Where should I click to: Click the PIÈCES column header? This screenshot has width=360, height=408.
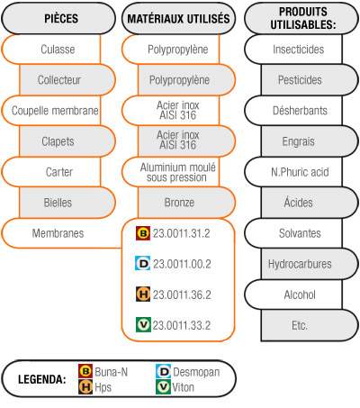(61, 19)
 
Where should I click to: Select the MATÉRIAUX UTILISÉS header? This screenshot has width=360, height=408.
(178, 19)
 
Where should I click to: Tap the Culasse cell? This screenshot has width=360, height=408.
(58, 50)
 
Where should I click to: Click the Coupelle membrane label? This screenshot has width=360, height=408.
(55, 111)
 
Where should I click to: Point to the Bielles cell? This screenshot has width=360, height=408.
(58, 203)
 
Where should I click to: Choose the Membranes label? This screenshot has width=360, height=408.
(58, 233)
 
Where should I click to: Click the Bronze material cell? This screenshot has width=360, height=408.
(179, 203)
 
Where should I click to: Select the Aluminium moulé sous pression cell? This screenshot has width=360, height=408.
(177, 172)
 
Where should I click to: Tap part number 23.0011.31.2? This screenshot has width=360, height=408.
(182, 233)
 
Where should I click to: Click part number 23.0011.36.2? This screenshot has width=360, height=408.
(182, 295)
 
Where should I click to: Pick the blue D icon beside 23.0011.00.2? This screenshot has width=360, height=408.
(143, 263)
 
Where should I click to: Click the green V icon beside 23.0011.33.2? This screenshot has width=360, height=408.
(143, 324)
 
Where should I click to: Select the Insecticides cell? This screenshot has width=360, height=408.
(299, 50)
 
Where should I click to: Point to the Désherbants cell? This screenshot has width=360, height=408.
(300, 111)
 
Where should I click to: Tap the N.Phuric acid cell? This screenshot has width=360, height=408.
(300, 172)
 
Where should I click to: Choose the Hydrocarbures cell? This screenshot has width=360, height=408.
(300, 264)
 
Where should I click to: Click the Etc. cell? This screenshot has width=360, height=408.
(300, 325)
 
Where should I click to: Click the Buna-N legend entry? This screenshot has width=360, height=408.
(103, 372)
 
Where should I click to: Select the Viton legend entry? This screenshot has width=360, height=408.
(175, 387)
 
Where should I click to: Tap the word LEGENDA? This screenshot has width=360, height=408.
(42, 379)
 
